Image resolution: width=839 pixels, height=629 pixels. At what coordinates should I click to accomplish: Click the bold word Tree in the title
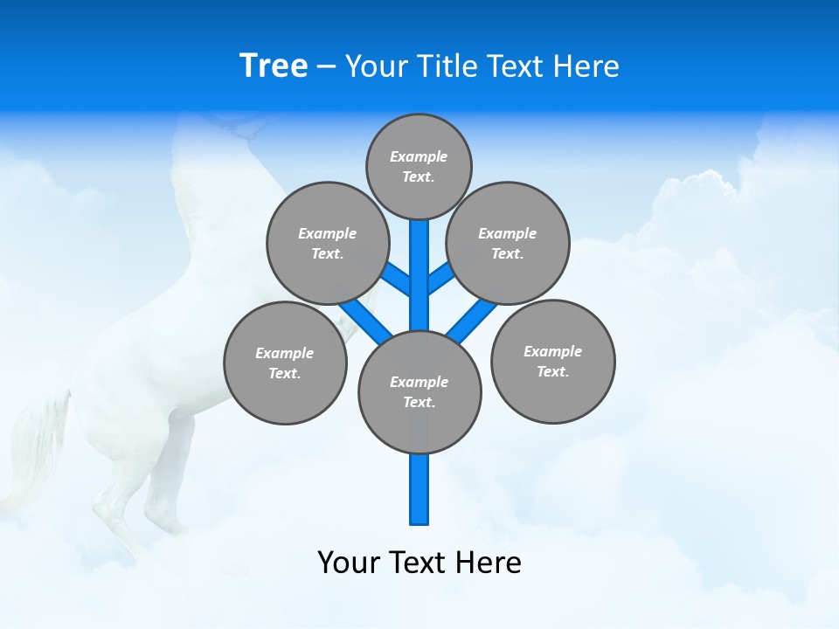274,66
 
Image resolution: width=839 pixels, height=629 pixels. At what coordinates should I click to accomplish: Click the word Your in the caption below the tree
348,562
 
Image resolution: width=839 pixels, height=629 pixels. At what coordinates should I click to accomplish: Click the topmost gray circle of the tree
419,166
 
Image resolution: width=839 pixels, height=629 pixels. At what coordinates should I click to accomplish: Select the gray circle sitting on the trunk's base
419,392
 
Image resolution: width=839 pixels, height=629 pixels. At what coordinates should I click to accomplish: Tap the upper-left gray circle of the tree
327,243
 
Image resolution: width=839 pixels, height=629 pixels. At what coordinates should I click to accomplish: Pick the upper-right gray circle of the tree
507,243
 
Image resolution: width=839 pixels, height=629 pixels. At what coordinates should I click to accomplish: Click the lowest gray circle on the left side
285,363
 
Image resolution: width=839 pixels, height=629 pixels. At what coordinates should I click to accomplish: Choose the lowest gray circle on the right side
552,361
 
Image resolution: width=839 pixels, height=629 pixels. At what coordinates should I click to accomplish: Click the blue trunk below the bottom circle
419,489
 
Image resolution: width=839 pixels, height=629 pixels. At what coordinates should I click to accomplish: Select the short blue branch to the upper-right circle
440,279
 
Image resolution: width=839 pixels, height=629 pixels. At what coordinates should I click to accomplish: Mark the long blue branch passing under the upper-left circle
363,319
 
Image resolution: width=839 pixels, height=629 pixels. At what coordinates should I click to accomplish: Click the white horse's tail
39,437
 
